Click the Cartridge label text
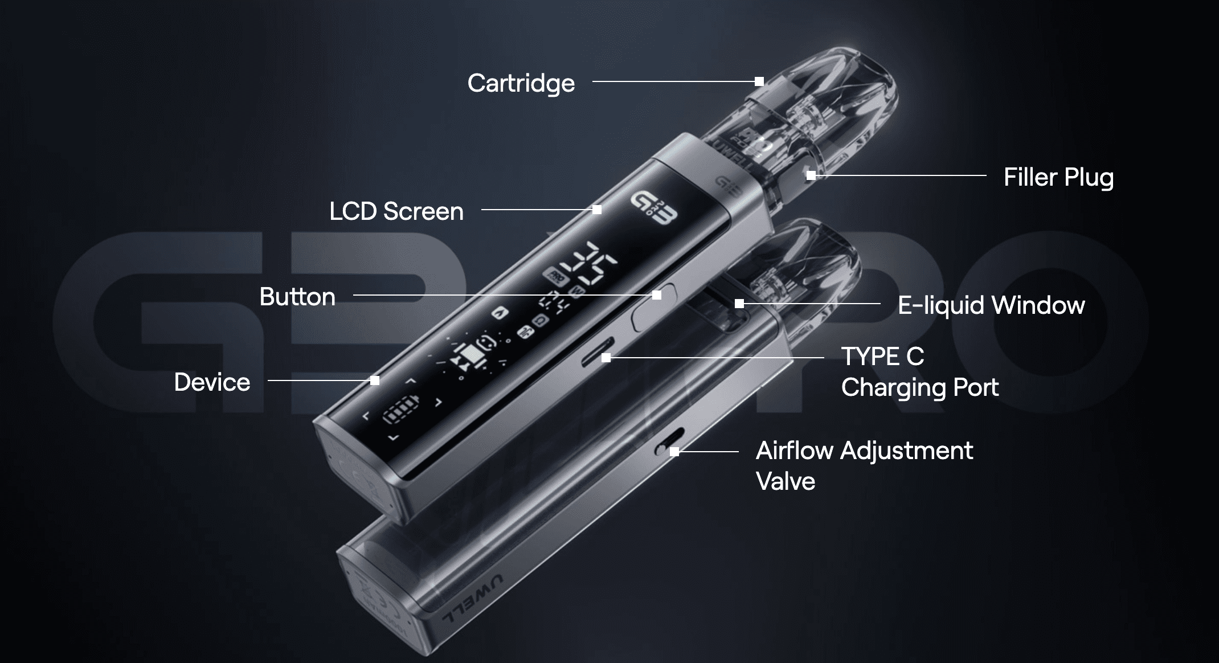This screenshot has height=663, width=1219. pos(521,83)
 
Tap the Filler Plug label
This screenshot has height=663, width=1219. pos(1058,177)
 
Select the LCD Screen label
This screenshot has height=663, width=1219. pos(396,211)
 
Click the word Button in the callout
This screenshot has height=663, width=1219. pos(297,297)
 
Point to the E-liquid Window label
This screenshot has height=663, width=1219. pos(991,305)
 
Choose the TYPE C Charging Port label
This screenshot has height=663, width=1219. pos(919,372)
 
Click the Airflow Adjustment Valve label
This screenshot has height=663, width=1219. pos(864,465)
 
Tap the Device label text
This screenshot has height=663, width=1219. pos(212,382)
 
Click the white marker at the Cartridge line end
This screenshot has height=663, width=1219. pos(759,81)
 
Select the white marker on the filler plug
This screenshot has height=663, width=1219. pos(811,175)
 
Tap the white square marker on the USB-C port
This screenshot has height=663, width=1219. pos(606,358)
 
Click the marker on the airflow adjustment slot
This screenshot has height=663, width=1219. pos(674,452)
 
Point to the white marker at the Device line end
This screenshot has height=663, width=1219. pos(374,380)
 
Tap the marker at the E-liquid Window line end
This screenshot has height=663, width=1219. pos(739,304)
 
